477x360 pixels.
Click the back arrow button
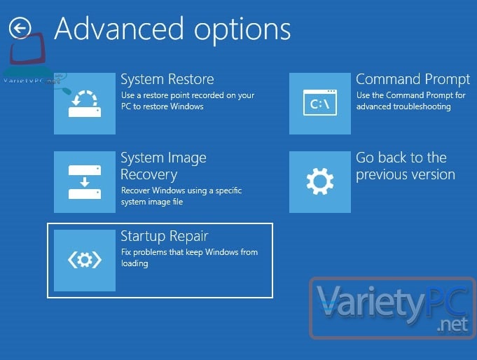point(20,28)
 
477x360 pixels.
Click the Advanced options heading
point(172,29)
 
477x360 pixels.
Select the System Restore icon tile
point(85,104)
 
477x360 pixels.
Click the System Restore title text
point(167,79)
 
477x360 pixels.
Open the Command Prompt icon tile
point(320,104)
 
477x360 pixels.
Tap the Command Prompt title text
point(413,79)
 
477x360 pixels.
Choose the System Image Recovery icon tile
point(85,182)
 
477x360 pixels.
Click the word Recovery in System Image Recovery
point(148,174)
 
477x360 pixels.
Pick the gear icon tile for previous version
point(320,182)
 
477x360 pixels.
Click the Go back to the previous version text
point(406,166)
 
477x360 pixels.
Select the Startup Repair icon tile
point(85,261)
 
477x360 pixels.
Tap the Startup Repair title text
point(165,237)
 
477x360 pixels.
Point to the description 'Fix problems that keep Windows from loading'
point(189,258)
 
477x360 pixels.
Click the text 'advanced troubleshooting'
point(403,106)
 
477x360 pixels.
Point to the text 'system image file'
point(152,202)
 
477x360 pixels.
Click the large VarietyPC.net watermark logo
point(393,308)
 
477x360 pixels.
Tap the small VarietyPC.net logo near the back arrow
point(32,61)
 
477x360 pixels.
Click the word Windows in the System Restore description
point(187,106)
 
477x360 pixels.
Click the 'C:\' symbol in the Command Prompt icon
point(319,104)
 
